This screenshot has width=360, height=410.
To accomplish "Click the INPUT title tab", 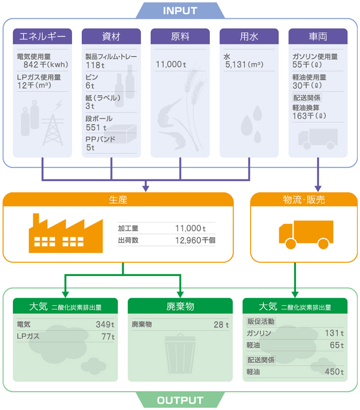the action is (180, 10).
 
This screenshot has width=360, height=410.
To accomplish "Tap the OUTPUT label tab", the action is (180, 400).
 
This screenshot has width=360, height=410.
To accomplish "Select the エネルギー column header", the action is (42, 36).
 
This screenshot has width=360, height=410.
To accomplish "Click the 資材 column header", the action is (111, 36).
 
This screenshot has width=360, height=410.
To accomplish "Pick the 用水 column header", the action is (249, 36).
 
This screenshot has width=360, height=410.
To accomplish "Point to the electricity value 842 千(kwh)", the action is (46, 64).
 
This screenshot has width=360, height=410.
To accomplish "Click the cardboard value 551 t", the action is (96, 128).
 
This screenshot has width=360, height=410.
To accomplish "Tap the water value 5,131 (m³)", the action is (244, 64).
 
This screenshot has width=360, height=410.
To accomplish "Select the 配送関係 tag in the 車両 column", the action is (307, 98).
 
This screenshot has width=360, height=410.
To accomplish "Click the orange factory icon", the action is (66, 233).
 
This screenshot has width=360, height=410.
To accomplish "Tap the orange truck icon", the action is (306, 235).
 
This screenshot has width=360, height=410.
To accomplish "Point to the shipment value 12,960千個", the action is (195, 240).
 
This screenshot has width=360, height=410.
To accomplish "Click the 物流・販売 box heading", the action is (304, 200).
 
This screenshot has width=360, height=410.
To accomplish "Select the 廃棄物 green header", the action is (180, 306).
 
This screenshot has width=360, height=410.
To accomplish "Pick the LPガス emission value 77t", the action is (108, 337).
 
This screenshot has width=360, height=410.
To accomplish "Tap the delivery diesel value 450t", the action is (334, 372).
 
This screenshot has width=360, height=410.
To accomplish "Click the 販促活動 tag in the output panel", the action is (261, 321).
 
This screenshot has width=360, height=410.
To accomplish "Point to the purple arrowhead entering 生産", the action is (146, 188).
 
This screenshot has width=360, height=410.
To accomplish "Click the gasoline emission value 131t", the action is (334, 333).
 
